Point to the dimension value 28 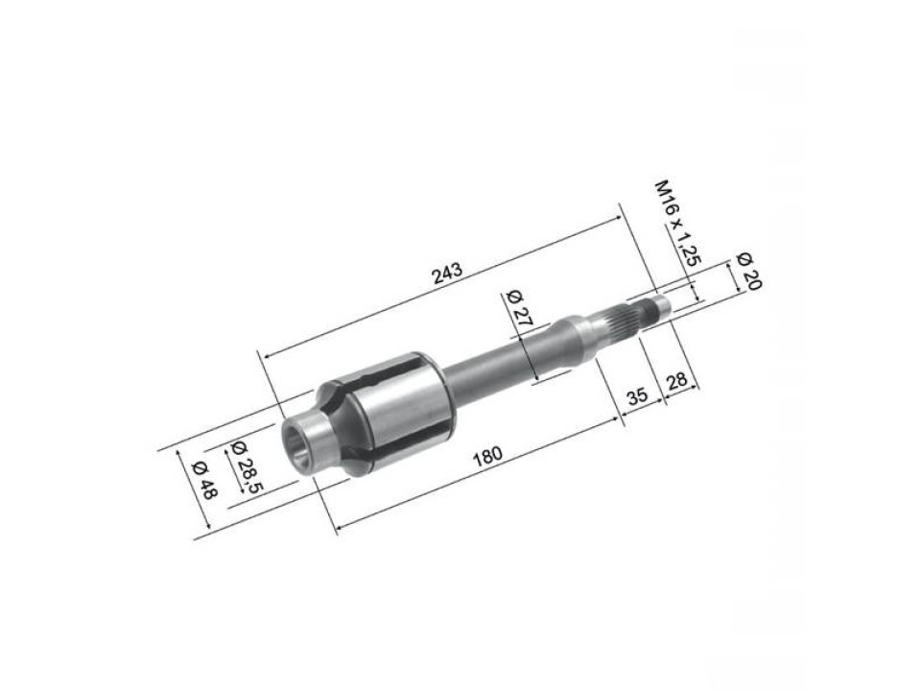(676, 380)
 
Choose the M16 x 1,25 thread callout (673, 221)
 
